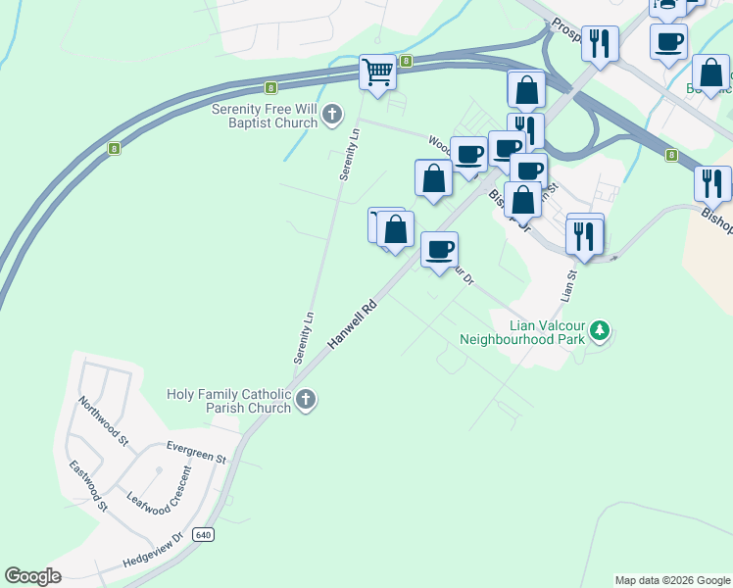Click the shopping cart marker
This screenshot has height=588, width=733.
(377, 72)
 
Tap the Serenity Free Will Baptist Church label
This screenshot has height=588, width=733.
(266, 116)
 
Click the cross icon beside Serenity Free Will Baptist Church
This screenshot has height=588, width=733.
(332, 116)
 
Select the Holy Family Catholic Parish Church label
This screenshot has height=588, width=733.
(229, 400)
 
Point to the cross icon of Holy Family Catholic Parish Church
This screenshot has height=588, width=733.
(306, 400)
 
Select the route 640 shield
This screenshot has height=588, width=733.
(203, 534)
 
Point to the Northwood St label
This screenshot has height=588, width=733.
(104, 421)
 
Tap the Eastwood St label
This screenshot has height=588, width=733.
(88, 485)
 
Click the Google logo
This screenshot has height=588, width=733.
(32, 576)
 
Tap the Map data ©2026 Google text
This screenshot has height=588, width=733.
(672, 580)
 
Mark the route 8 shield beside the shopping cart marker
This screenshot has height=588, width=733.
(405, 61)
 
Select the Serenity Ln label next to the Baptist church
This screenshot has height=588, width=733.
(350, 154)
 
